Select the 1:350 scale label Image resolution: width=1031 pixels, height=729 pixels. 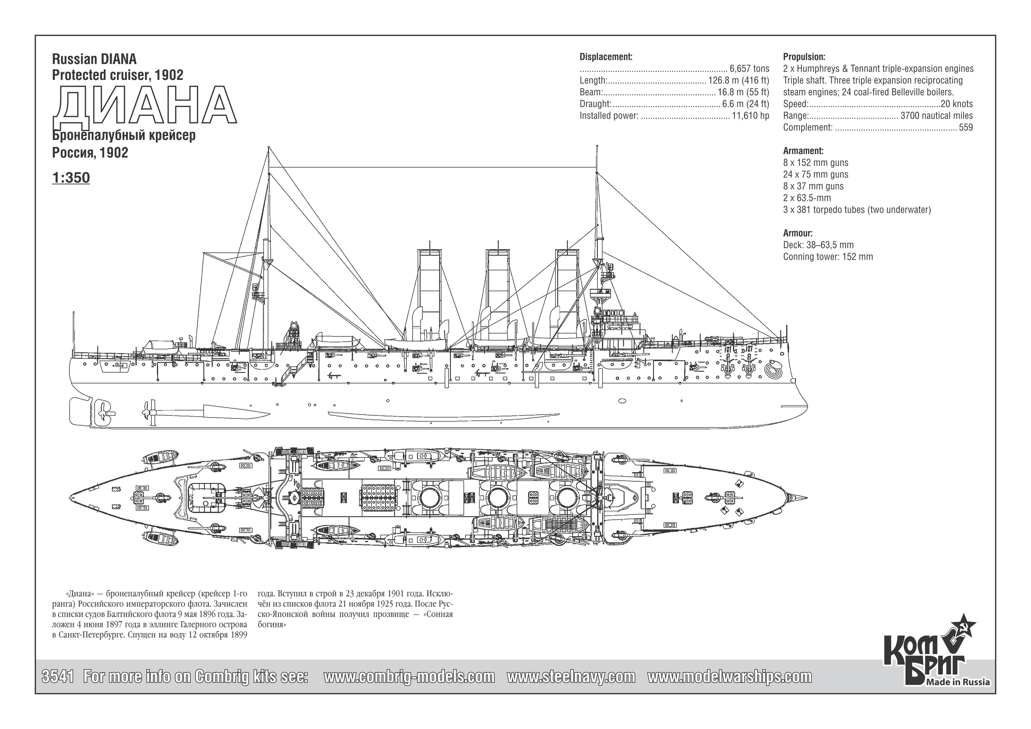[x=71, y=178]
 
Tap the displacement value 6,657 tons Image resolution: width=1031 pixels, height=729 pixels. [x=749, y=69]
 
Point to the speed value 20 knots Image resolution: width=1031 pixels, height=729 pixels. [x=956, y=104]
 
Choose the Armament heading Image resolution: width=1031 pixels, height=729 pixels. [x=803, y=151]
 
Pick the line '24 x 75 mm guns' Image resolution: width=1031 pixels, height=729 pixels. [x=816, y=174]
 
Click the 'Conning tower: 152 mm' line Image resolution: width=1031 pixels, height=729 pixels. [x=828, y=257]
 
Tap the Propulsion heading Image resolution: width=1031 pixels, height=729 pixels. [x=804, y=57]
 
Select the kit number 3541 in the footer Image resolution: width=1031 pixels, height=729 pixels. [x=58, y=676]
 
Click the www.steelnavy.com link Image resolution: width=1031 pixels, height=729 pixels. [x=571, y=676]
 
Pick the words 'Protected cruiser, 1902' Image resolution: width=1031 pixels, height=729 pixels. [x=118, y=75]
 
